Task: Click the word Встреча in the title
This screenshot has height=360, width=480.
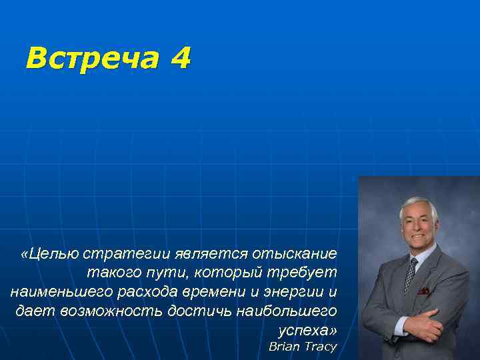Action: pyautogui.click(x=91, y=59)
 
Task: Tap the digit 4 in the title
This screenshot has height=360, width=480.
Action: pyautogui.click(x=180, y=59)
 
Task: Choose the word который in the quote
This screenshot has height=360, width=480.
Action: pyautogui.click(x=226, y=273)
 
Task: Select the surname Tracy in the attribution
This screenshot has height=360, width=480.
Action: pyautogui.click(x=320, y=347)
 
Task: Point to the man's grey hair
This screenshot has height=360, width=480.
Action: pyautogui.click(x=417, y=204)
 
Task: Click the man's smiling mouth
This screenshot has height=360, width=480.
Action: pyautogui.click(x=417, y=236)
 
